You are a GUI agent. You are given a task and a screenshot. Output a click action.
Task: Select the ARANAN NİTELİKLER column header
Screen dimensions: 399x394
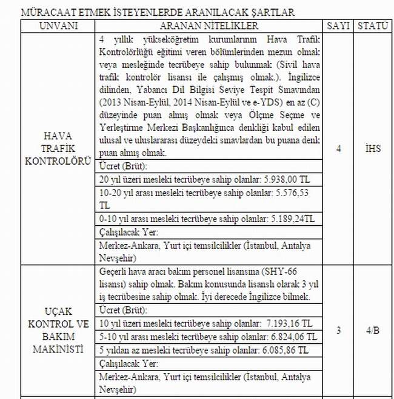point(210,27)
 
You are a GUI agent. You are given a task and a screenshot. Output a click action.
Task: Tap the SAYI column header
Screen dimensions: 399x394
point(338,27)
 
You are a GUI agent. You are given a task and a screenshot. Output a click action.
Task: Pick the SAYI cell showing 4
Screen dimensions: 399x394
point(338,149)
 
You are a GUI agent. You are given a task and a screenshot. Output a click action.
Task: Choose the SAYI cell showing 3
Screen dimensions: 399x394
point(338,331)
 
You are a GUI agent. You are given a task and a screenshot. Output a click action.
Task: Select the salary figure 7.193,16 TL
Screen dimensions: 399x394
point(290,323)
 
